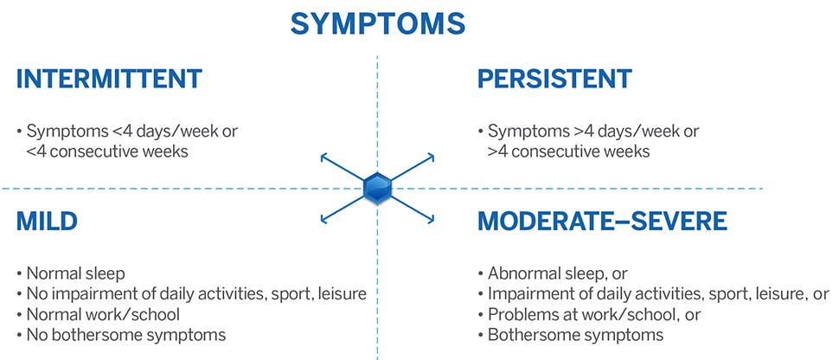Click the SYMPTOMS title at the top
(377, 23)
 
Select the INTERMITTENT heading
(109, 79)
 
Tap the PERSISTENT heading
(554, 79)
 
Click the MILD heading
(47, 221)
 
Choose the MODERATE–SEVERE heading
(602, 221)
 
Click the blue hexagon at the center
(377, 188)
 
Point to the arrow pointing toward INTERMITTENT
(327, 159)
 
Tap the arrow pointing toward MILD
(327, 215)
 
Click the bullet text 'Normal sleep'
(73, 273)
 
